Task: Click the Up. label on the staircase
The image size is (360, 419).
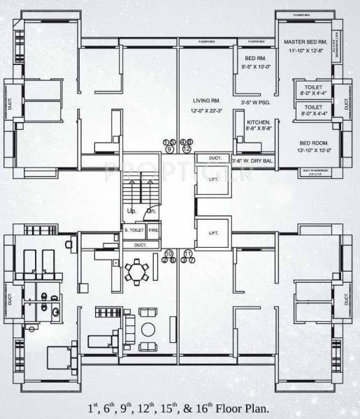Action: [x=131, y=210]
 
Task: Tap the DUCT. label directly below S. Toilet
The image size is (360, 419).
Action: [x=141, y=245]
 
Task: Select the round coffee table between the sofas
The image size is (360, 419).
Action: [x=149, y=328]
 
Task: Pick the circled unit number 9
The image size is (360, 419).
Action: [x=168, y=149]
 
